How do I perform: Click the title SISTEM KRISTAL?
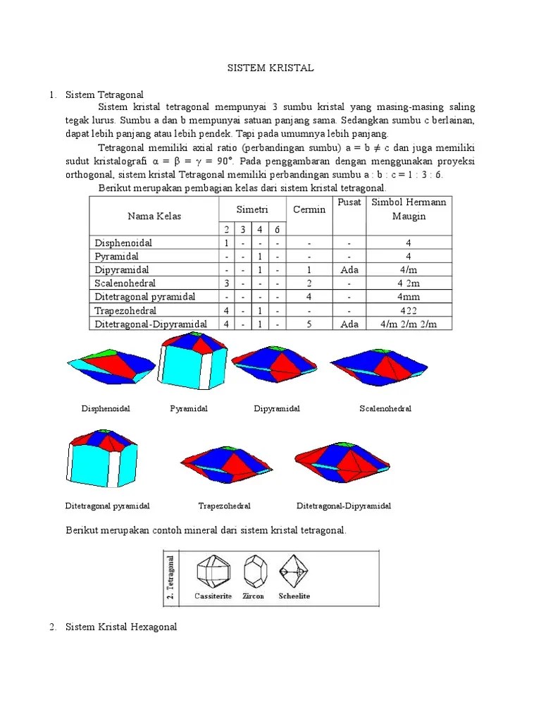[x=270, y=68]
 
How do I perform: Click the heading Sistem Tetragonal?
[x=104, y=94]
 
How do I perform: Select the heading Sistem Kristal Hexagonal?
[x=121, y=627]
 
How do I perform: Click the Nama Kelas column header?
[x=154, y=216]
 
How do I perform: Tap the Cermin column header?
[x=309, y=209]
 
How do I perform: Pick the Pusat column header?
[x=349, y=202]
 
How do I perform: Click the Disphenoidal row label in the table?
[x=123, y=243]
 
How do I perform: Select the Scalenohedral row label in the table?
[x=125, y=283]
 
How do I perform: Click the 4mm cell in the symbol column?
[x=409, y=297]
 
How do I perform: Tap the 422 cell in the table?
[x=409, y=310]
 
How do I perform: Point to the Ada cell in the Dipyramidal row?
[x=349, y=270]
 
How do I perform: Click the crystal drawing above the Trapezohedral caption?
[x=226, y=465]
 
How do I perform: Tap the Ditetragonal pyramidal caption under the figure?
[x=107, y=506]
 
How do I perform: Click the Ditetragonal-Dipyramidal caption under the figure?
[x=344, y=506]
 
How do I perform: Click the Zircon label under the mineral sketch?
[x=254, y=596]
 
